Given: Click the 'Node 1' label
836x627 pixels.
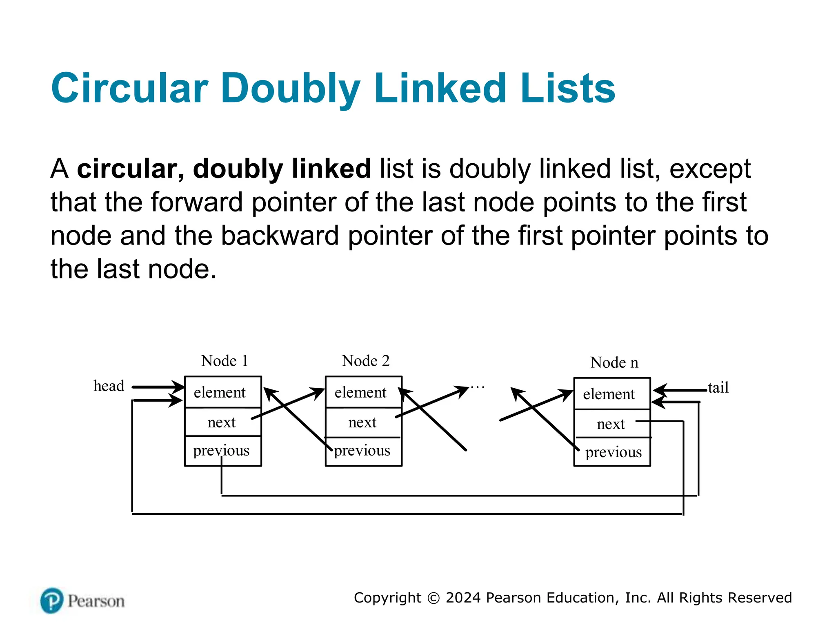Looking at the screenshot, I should tap(225, 361).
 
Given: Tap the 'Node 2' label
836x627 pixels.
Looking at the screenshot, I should tap(365, 361).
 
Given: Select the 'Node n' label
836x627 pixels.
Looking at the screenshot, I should tap(614, 362).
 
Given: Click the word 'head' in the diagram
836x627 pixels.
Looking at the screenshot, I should tap(109, 386).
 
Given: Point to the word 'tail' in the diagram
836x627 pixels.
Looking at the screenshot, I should tap(718, 387).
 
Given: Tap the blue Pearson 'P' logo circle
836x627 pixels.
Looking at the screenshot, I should tap(52, 600).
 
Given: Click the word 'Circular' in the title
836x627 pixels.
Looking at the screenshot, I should tap(130, 88).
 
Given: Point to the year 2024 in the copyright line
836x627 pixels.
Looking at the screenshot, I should tap(463, 598).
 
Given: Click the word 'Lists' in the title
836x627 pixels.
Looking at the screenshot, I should tap(568, 88).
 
